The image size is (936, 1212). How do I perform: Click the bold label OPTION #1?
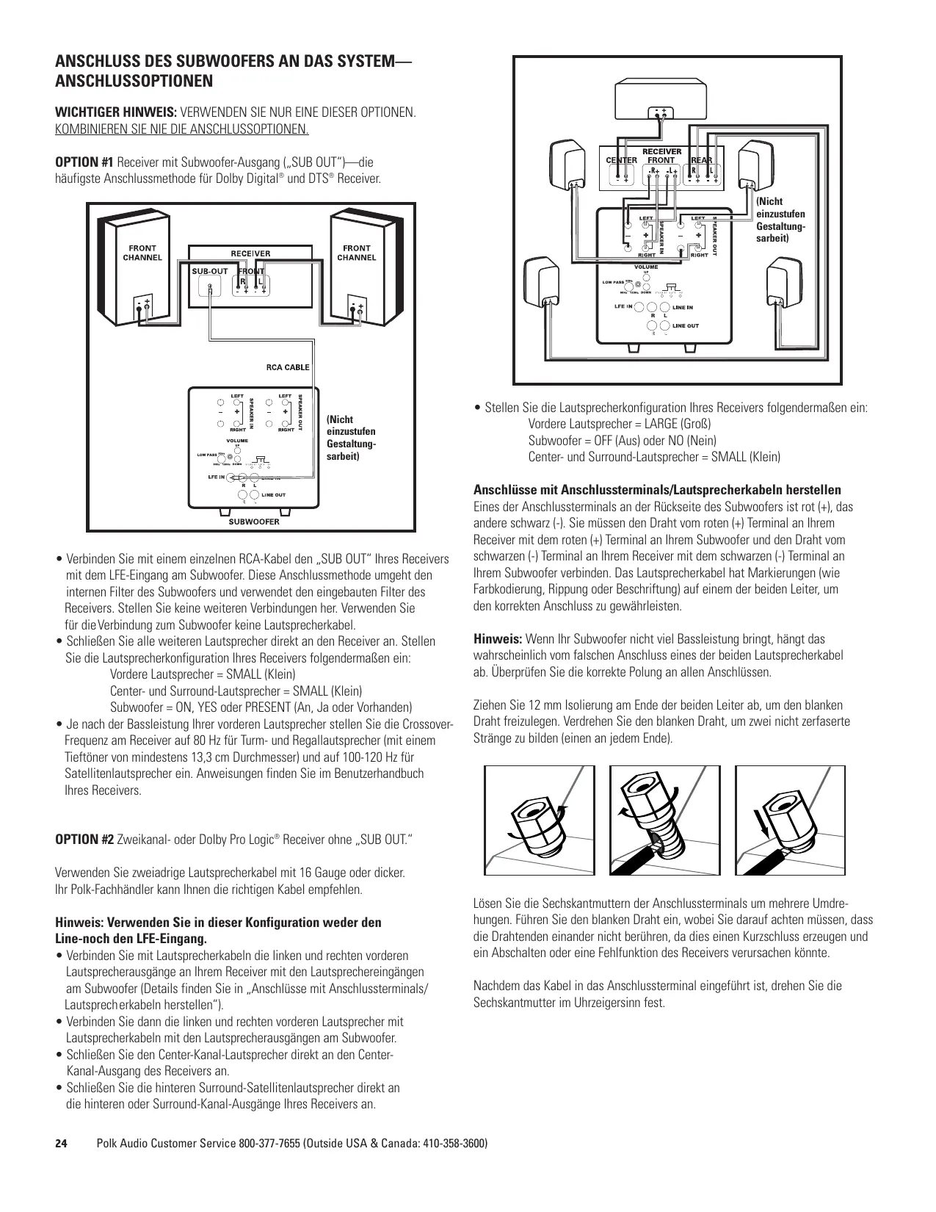84,162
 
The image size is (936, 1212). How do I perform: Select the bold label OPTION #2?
84,840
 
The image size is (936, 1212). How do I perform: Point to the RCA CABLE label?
287,367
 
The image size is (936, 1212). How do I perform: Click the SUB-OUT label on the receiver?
210,271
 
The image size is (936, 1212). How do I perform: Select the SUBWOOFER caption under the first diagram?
254,522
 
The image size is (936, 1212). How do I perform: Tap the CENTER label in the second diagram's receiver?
621,159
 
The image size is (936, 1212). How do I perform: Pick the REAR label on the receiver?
703,159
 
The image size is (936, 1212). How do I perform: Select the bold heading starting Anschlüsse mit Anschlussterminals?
657,490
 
